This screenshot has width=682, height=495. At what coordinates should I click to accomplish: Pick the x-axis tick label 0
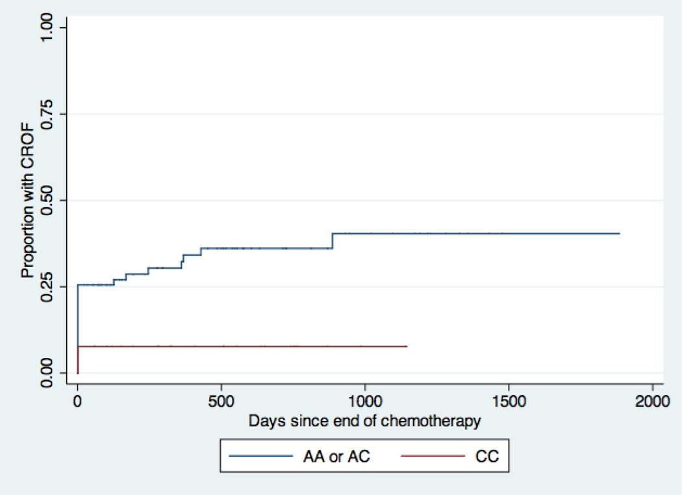(77, 401)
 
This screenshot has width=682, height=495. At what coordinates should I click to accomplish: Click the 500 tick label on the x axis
(221, 401)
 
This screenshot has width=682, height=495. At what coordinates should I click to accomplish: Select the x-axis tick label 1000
(365, 401)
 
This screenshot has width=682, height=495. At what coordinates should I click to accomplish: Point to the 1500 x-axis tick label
(509, 401)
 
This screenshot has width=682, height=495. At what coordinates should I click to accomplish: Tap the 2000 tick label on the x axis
(652, 401)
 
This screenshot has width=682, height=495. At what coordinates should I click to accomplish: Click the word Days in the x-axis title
(263, 421)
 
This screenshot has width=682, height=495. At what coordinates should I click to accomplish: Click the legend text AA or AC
(338, 457)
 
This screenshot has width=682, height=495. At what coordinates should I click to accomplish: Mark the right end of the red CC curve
(407, 346)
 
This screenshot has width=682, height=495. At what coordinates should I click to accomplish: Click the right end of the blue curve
(619, 233)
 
